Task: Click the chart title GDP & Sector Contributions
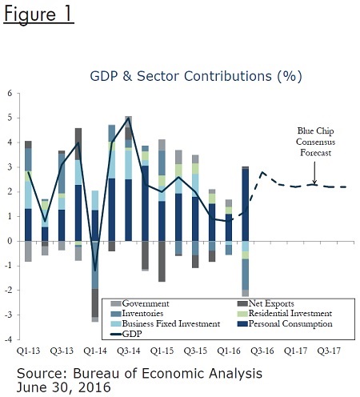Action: [196, 76]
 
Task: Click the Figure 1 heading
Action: [38, 14]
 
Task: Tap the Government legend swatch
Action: [116, 303]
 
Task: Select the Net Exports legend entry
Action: [266, 303]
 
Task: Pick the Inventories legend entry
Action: [138, 314]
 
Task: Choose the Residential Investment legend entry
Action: [285, 314]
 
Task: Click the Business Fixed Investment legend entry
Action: [166, 323]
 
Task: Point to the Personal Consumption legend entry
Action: [285, 323]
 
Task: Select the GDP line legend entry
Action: [126, 334]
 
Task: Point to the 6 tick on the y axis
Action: [10, 94]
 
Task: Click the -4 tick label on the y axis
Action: [9, 339]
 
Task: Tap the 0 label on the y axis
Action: [10, 241]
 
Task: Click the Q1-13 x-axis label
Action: [28, 351]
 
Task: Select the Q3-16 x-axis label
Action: [262, 351]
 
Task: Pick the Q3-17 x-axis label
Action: [329, 351]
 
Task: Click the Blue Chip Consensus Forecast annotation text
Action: [315, 142]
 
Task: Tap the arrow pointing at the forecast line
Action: [314, 173]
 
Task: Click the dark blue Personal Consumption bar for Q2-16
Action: [246, 205]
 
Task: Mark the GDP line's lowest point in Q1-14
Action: [95, 271]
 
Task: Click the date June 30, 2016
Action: [63, 387]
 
